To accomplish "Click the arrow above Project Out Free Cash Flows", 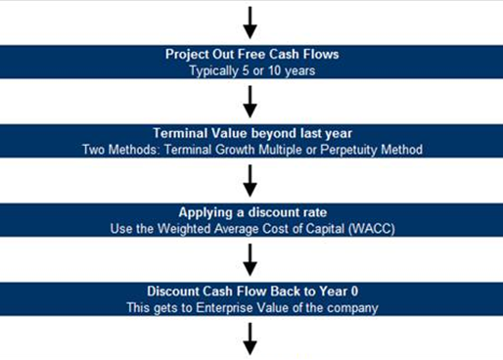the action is (250, 22).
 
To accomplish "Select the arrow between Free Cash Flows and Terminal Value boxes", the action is (250, 102).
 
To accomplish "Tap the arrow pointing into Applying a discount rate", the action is (250, 181).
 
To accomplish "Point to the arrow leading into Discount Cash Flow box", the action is (250, 260).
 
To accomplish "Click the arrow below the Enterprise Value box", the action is (250, 338).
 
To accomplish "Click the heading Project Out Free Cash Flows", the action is (252, 54).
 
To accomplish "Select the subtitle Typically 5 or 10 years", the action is (252, 71).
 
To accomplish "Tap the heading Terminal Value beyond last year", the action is (252, 133).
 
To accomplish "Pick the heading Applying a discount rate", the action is (252, 212).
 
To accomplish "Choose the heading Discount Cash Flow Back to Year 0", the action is (252, 292).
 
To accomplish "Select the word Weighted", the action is (184, 229).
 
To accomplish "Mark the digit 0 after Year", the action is (354, 292).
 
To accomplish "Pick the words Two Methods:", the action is (121, 150).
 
